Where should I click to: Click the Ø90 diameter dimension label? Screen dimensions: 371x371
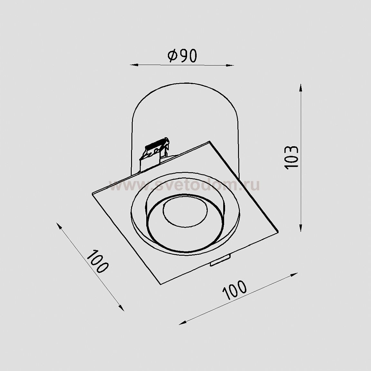pos(182,56)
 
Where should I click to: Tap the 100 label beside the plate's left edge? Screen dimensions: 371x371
pos(98,261)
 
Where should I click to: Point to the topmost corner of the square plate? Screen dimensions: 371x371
pos(210,141)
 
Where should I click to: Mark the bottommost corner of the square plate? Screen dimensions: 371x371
pos(160,284)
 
